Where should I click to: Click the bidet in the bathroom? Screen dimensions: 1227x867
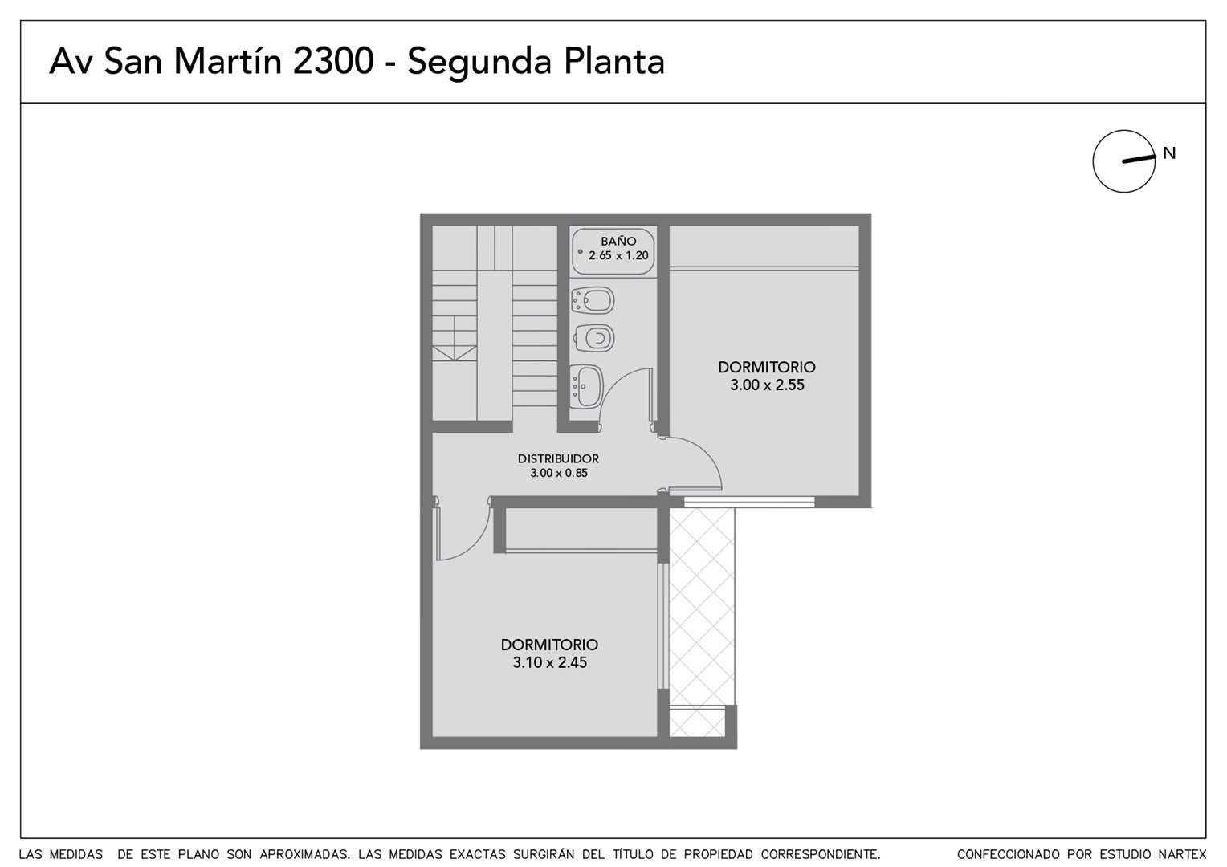pyautogui.click(x=592, y=301)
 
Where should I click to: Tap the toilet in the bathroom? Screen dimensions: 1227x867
pyautogui.click(x=593, y=338)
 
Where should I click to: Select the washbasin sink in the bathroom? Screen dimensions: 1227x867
pyautogui.click(x=587, y=387)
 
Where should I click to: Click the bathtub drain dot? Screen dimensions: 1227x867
pyautogui.click(x=580, y=252)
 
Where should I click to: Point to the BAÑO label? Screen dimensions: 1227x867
pyautogui.click(x=618, y=241)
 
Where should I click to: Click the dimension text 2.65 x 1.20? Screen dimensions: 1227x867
pyautogui.click(x=618, y=255)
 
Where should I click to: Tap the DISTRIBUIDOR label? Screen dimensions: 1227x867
pyautogui.click(x=558, y=458)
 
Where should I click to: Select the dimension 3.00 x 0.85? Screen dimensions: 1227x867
pyautogui.click(x=559, y=473)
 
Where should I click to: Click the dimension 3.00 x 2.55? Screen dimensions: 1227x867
pyautogui.click(x=767, y=385)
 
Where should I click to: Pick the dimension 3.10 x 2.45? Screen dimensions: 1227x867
pyautogui.click(x=549, y=662)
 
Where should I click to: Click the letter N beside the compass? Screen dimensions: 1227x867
pyautogui.click(x=1169, y=153)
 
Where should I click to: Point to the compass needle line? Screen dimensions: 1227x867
pyautogui.click(x=1139, y=159)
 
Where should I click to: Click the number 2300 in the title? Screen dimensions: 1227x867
pyautogui.click(x=333, y=61)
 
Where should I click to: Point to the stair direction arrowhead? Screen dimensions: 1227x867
pyautogui.click(x=454, y=353)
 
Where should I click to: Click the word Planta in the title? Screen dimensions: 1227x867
pyautogui.click(x=614, y=61)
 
